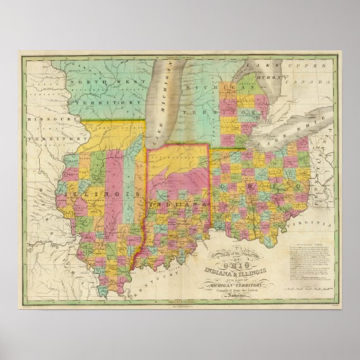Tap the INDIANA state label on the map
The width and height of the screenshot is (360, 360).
[x=178, y=205]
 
